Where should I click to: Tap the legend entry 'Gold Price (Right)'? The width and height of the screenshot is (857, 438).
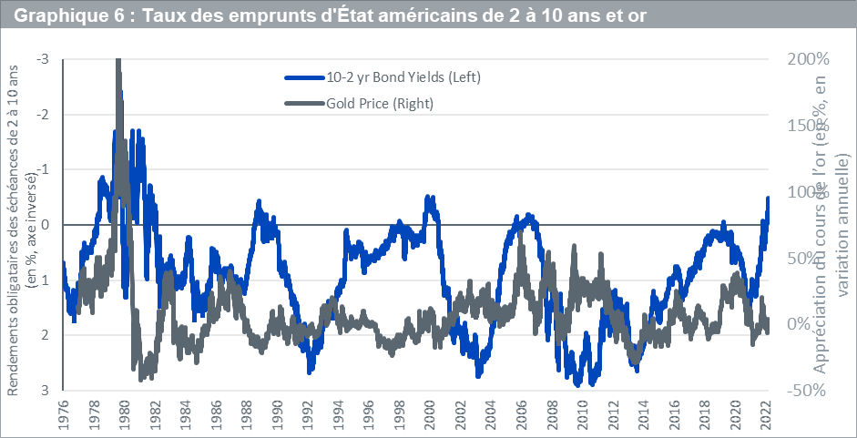click(x=379, y=104)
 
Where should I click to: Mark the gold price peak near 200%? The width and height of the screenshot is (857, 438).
click(x=119, y=62)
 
